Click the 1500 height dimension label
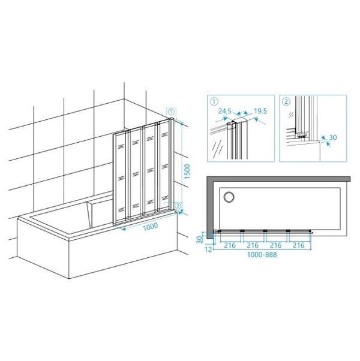187,172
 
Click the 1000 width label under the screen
151,227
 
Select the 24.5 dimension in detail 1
225,111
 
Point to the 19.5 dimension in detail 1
260,111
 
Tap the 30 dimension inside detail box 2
333,137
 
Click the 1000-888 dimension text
262,255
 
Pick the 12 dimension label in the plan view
208,249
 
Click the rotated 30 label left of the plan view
199,239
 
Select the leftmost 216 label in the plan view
230,245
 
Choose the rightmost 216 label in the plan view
299,245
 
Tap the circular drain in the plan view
229,197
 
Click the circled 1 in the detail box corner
214,101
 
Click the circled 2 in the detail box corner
286,101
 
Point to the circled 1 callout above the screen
172,112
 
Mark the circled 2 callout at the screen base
178,205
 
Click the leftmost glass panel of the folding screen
121,178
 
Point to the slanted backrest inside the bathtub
100,213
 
